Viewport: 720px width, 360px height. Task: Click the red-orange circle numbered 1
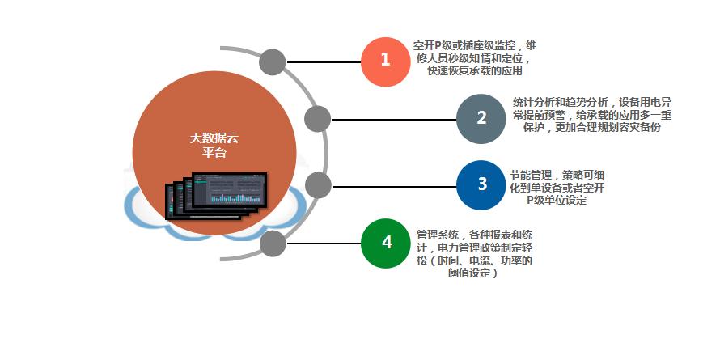pyautogui.click(x=385, y=61)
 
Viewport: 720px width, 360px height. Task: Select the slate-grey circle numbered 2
pyautogui.click(x=481, y=119)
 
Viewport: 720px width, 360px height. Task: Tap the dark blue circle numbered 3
pyautogui.click(x=481, y=185)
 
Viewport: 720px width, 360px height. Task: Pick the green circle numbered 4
pyautogui.click(x=386, y=244)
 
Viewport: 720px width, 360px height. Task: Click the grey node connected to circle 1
pyautogui.click(x=273, y=62)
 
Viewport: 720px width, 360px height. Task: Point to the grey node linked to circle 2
pyautogui.click(x=317, y=119)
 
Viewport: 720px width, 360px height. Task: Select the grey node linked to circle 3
pyautogui.click(x=318, y=185)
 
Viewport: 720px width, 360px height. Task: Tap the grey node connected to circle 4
pyautogui.click(x=273, y=244)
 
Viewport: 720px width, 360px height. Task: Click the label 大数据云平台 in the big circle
pyautogui.click(x=214, y=145)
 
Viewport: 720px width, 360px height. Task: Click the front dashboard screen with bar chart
pyautogui.click(x=229, y=189)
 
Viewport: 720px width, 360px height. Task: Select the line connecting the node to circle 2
pyautogui.click(x=393, y=120)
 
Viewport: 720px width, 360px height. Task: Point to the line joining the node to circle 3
pyautogui.click(x=394, y=186)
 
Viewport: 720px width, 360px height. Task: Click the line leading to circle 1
pyautogui.click(x=324, y=62)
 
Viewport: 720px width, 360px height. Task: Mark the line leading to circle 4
pyautogui.click(x=324, y=244)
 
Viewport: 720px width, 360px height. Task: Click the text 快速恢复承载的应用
pyautogui.click(x=475, y=71)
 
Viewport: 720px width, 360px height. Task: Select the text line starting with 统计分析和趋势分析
pyautogui.click(x=592, y=102)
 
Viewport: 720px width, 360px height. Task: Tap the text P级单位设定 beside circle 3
pyautogui.click(x=557, y=200)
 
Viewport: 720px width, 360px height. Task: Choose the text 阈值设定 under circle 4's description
pyautogui.click(x=472, y=273)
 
